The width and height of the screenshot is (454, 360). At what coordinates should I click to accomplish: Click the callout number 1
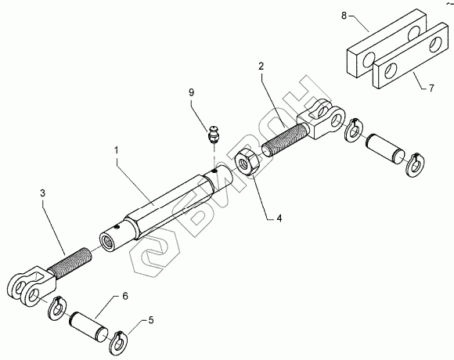coord(117,150)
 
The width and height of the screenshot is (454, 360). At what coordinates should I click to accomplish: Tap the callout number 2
coord(261,67)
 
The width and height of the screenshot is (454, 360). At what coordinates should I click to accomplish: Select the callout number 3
coord(42,193)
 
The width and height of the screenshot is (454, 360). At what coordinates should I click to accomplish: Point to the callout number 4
coord(279,218)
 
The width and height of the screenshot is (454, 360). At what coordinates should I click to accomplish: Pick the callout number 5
coord(151,320)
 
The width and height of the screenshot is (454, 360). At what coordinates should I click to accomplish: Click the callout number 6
coord(124,297)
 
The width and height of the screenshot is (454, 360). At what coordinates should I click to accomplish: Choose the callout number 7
coord(431,88)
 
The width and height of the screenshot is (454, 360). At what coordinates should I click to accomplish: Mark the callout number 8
coord(344,16)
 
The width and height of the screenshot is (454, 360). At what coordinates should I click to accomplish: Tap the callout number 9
coord(191,92)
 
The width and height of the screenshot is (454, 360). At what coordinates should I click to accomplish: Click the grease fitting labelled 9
coord(214,134)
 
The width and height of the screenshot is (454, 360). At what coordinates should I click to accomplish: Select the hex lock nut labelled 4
coord(247,161)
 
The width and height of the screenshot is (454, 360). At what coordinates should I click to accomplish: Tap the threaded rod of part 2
coord(283,140)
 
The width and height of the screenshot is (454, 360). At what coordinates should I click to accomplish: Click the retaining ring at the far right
coord(416,164)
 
